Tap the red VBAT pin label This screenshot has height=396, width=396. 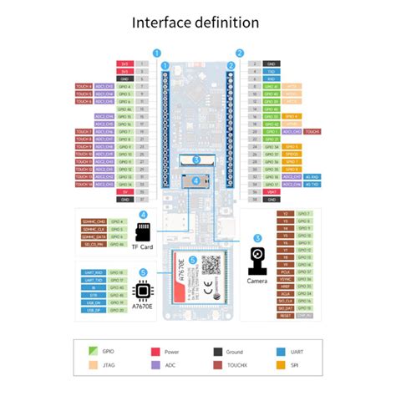click(272, 191)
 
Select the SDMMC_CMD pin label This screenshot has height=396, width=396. click(93, 221)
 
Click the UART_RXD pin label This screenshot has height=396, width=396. click(93, 272)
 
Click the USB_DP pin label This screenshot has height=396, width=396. click(93, 309)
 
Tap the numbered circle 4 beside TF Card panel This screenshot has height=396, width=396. click(143, 215)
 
